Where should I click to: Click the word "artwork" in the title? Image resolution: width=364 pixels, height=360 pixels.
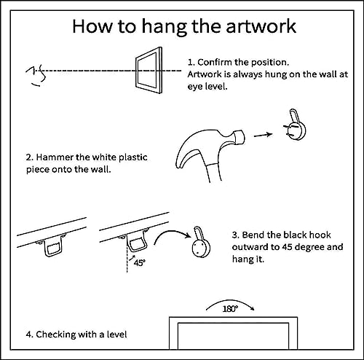click(x=261, y=26)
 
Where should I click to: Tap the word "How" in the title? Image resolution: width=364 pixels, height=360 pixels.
click(x=92, y=26)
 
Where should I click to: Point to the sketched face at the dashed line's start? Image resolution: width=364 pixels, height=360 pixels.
click(x=36, y=76)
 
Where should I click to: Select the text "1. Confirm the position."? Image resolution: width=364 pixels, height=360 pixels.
click(x=239, y=63)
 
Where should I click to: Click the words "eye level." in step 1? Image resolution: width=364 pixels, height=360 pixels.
click(x=207, y=86)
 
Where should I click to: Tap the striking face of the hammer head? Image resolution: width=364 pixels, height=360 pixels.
click(x=240, y=137)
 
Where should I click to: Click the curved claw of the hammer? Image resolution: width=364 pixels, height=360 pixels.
click(x=187, y=151)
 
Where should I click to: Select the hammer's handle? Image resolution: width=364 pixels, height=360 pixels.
click(x=213, y=172)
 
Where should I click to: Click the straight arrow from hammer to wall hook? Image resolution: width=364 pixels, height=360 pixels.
click(x=263, y=135)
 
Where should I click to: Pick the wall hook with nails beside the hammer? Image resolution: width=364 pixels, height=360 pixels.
click(x=295, y=125)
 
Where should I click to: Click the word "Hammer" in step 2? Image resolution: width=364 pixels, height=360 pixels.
click(x=55, y=157)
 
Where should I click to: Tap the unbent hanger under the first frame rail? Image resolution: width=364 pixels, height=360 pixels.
click(x=52, y=246)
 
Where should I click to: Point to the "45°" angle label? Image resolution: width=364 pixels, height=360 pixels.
click(x=140, y=263)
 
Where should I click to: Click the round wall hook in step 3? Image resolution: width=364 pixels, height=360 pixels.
click(x=200, y=243)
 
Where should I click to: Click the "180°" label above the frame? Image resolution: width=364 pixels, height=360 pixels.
click(x=230, y=309)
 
